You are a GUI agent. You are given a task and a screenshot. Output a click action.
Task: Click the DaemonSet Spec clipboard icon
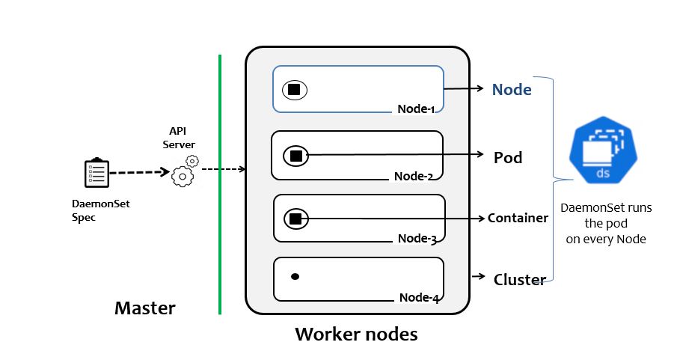point(97,173)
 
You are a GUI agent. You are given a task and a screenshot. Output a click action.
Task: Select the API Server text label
point(179,138)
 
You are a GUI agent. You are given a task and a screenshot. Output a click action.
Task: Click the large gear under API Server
point(182,176)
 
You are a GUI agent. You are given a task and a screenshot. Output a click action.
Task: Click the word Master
point(144,308)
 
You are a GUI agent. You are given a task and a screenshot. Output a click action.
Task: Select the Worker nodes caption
point(356,334)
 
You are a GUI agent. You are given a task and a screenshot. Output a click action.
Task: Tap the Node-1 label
point(416,109)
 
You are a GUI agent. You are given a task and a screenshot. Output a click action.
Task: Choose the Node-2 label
point(414,176)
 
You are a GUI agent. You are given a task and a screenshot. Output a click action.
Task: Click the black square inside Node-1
point(294,90)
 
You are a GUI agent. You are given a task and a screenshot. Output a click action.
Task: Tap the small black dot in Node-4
point(295,277)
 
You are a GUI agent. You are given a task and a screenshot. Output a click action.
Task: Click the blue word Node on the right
point(512,90)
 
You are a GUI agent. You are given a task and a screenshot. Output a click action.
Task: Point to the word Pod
point(508,158)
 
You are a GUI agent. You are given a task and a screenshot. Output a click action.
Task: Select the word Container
point(518,219)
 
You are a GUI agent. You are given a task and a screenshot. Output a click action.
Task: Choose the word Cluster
point(519,280)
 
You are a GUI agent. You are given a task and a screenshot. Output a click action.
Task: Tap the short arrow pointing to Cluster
point(479,277)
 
